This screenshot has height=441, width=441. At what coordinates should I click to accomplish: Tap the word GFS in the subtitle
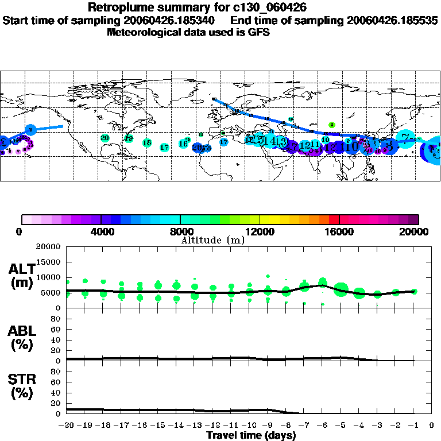click(258, 32)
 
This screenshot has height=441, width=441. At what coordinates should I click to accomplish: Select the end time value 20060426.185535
click(393, 21)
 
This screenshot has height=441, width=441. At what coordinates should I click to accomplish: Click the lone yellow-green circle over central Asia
click(331, 125)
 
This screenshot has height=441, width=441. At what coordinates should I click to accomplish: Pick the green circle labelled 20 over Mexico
click(105, 138)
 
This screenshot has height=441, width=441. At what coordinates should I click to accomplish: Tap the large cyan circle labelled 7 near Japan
click(406, 138)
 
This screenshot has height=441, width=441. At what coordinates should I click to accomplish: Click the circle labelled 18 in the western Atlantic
click(147, 143)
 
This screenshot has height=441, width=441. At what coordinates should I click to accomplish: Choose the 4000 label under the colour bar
click(101, 231)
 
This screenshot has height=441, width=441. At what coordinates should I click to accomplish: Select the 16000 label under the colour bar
click(339, 231)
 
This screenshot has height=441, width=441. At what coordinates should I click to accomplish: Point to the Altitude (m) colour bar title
click(212, 239)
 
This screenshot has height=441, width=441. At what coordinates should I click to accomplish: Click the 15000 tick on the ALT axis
click(49, 262)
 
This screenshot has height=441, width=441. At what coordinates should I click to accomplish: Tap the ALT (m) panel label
click(21, 275)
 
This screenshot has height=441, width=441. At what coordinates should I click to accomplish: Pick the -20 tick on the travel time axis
click(67, 425)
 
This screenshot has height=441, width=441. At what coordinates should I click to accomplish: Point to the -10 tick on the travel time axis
click(249, 425)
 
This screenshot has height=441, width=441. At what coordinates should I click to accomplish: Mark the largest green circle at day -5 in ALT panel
click(341, 288)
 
